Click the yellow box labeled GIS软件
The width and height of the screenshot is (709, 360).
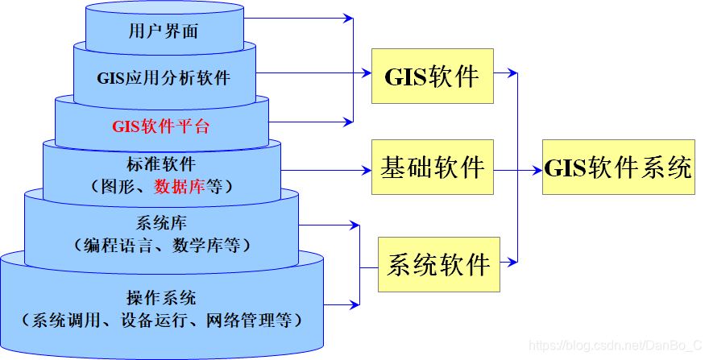tap(432, 77)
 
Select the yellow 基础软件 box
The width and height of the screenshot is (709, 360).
tap(432, 168)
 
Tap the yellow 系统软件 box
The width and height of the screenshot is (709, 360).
tap(439, 264)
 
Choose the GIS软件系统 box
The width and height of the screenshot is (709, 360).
tap(618, 168)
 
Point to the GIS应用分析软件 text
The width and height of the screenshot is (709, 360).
tap(164, 78)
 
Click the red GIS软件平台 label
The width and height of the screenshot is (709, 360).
tap(161, 126)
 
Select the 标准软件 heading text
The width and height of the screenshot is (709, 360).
tap(161, 164)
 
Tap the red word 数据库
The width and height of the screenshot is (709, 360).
tap(179, 187)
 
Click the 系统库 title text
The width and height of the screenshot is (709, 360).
tap(163, 222)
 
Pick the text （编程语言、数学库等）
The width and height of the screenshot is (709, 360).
tap(163, 244)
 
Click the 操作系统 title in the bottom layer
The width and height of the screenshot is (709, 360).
tap(162, 296)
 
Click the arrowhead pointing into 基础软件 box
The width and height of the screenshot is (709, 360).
tap(366, 169)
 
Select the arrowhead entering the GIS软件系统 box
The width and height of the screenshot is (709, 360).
tap(537, 169)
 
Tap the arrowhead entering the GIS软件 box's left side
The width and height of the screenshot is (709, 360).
tap(365, 75)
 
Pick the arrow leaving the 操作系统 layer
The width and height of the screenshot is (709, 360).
tap(342, 304)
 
